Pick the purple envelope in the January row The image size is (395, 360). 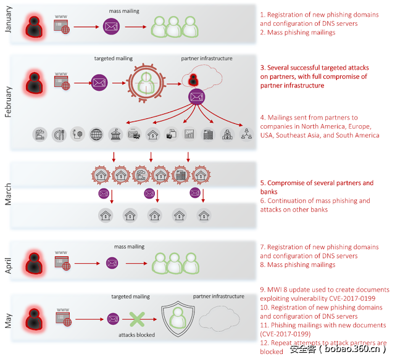[x=111, y=27]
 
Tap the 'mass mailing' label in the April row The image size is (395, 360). [x=130, y=247]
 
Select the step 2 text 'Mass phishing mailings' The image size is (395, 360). [x=297, y=32]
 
